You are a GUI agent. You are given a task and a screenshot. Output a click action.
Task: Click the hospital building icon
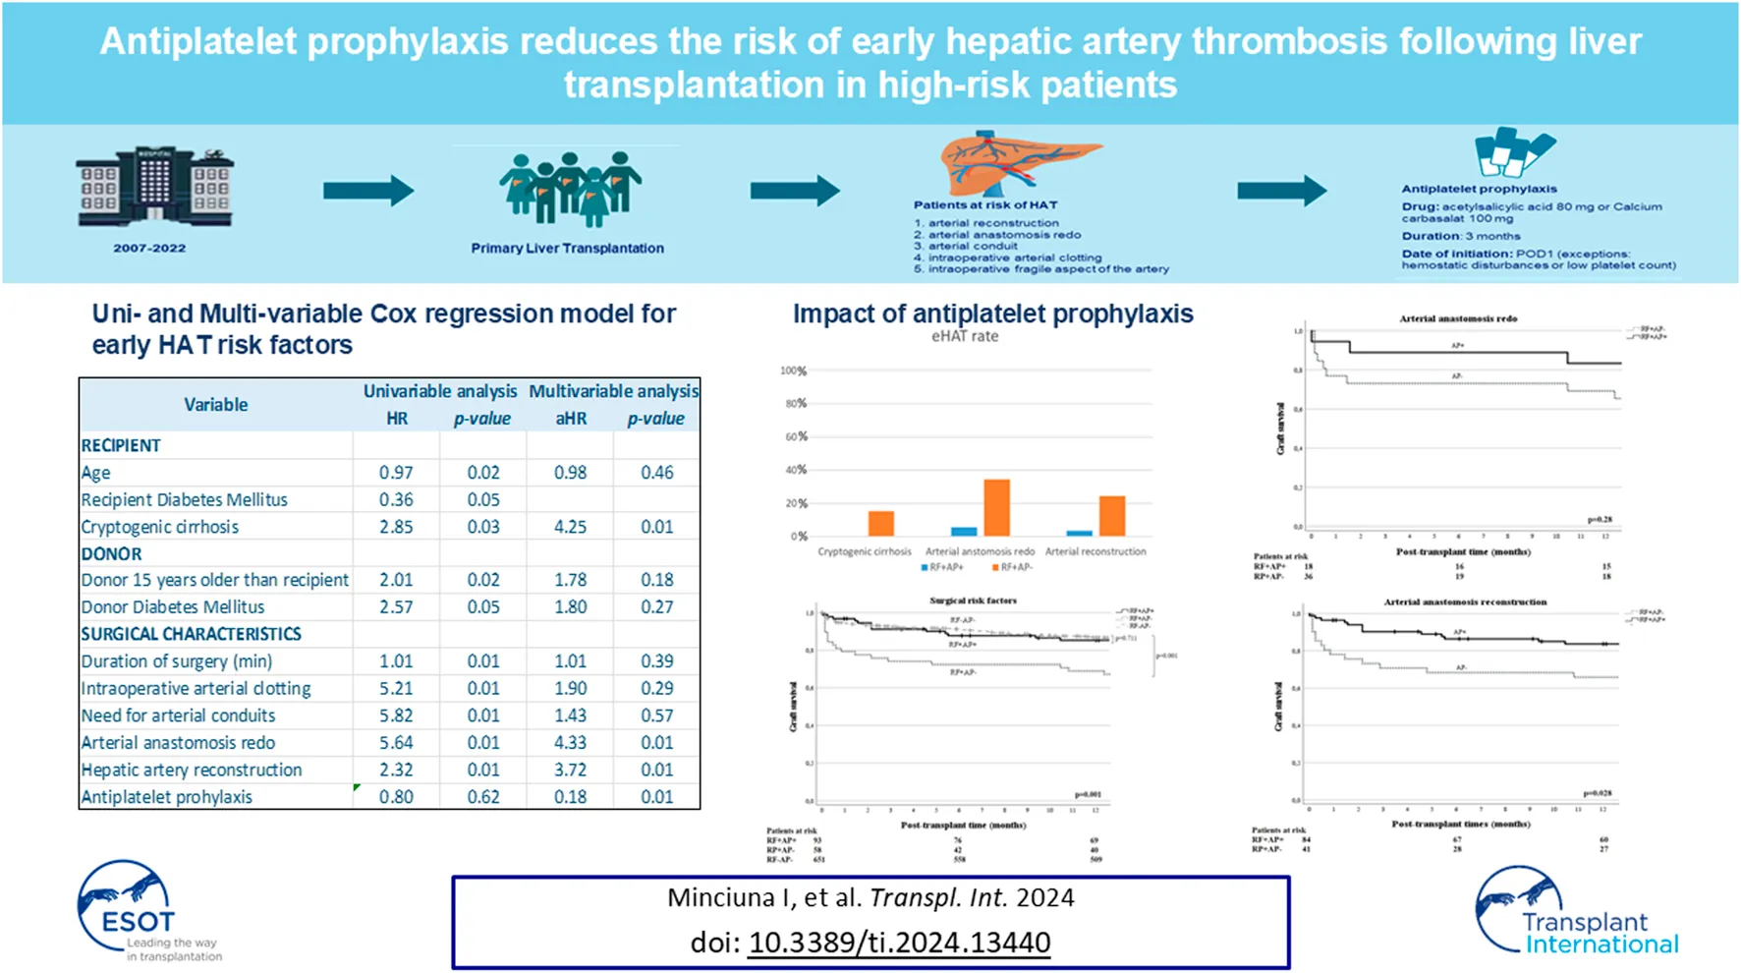click(x=154, y=189)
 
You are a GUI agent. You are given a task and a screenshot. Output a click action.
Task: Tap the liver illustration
click(x=1018, y=163)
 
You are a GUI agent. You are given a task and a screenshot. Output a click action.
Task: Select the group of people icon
click(x=569, y=188)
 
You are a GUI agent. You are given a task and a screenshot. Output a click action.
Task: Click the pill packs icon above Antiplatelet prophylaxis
click(x=1513, y=153)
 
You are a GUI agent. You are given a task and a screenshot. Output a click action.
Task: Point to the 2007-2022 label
click(x=149, y=249)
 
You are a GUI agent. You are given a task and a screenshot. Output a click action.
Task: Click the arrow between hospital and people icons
click(x=368, y=191)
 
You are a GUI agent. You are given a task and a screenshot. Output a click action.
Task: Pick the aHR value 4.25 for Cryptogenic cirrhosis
click(x=570, y=527)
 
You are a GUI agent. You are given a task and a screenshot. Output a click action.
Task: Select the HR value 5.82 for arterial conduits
click(x=396, y=715)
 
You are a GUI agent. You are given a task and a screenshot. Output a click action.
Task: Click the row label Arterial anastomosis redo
click(x=178, y=743)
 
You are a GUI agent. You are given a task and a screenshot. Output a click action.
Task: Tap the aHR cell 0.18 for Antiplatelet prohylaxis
click(x=570, y=797)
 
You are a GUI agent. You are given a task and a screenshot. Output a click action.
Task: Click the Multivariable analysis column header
click(x=613, y=391)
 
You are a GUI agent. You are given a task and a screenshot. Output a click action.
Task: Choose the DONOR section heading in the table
click(x=111, y=554)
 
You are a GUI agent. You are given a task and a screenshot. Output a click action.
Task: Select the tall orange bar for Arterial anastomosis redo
click(x=996, y=507)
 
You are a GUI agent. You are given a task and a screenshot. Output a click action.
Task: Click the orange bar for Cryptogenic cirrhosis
click(x=881, y=523)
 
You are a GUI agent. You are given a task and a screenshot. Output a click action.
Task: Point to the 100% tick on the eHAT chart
click(x=792, y=372)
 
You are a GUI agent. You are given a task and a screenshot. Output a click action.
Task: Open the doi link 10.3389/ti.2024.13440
click(x=899, y=943)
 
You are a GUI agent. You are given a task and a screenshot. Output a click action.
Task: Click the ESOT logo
click(x=138, y=911)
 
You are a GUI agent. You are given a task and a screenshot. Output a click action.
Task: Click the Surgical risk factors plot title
click(x=973, y=601)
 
